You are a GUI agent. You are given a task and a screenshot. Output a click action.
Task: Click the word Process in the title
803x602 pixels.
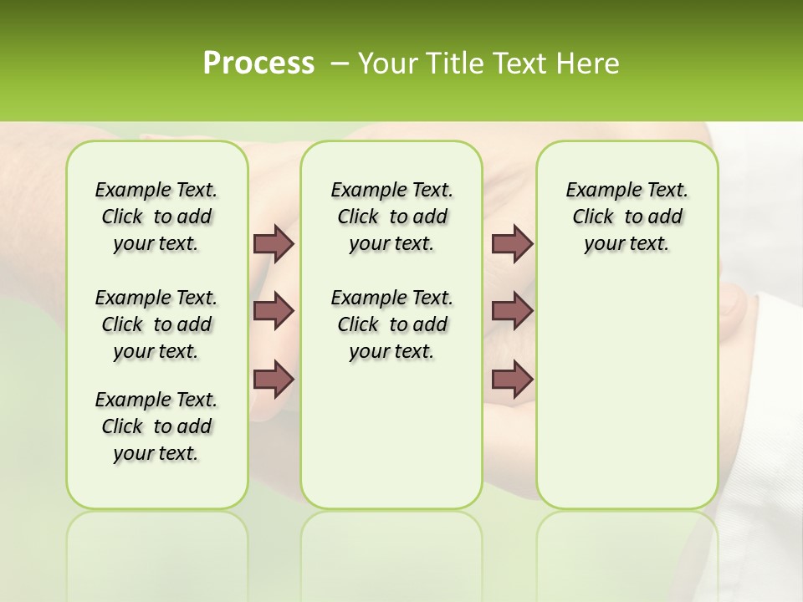(x=258, y=64)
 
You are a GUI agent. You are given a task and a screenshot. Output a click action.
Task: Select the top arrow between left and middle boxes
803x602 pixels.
(x=274, y=243)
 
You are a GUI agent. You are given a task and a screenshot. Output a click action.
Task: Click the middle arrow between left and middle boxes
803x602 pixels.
(x=274, y=311)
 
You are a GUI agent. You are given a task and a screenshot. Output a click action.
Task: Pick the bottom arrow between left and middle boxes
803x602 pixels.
(x=274, y=380)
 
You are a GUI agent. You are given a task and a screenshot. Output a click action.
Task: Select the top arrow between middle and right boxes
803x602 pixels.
(x=512, y=243)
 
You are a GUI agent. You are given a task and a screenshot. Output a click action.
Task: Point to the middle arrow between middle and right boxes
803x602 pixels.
(x=512, y=311)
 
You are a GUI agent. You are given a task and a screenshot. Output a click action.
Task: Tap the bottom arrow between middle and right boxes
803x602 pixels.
(x=512, y=380)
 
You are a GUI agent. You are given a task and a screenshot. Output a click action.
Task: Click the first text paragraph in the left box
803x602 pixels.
(x=156, y=217)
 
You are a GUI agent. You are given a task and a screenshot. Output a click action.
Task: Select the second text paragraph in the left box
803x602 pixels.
(x=156, y=324)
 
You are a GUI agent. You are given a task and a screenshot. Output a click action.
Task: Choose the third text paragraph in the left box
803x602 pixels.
(x=156, y=426)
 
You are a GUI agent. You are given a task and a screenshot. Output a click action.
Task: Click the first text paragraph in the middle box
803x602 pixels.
(x=391, y=217)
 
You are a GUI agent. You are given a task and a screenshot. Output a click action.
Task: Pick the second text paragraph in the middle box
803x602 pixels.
(x=391, y=324)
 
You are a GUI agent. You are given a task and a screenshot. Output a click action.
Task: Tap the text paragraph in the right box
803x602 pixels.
(x=627, y=217)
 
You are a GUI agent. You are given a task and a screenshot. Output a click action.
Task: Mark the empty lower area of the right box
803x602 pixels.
(x=627, y=393)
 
